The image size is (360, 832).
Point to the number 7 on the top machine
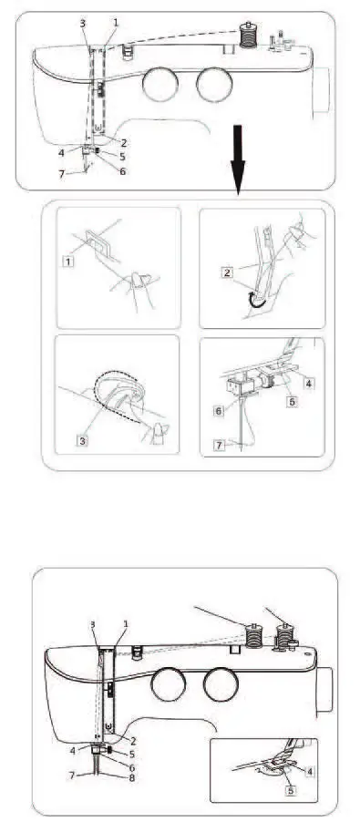coord(62,174)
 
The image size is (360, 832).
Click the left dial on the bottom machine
coord(165,683)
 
